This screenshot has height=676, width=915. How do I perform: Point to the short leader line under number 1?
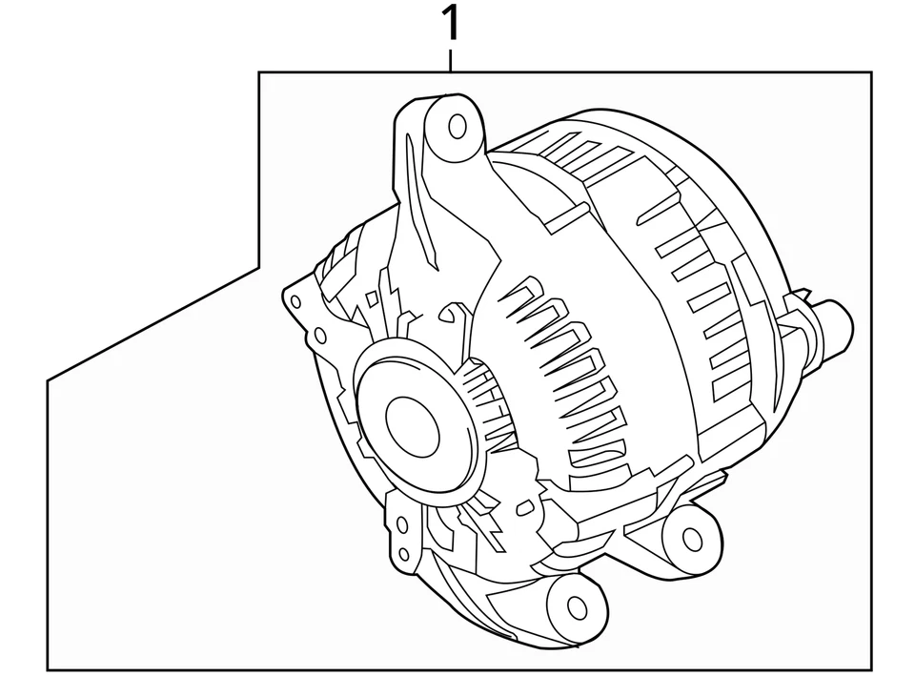451,59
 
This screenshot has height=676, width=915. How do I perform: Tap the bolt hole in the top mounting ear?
457,125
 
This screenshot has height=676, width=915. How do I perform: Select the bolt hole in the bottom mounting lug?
577,606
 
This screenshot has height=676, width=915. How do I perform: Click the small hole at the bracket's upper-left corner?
295,301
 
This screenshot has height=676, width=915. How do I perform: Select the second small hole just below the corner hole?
321,335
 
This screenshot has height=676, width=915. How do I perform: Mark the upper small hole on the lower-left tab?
401,523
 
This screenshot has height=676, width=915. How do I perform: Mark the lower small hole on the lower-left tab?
404,553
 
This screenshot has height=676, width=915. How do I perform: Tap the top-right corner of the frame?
870,72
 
